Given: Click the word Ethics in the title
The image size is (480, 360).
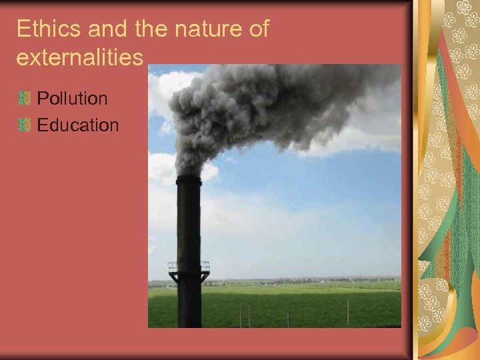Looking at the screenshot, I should (x=43, y=29).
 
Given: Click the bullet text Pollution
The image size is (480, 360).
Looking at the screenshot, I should (x=72, y=99).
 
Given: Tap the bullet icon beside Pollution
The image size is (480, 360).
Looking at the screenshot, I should (x=25, y=99).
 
